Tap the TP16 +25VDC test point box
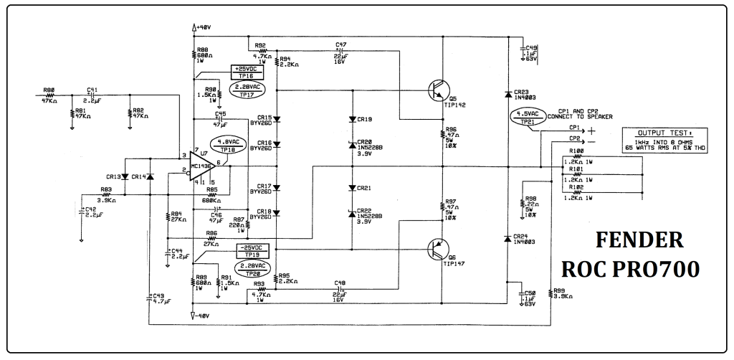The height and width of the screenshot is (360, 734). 247,72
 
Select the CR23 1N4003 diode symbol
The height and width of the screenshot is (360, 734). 507,93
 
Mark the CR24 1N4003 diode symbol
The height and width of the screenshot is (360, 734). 507,237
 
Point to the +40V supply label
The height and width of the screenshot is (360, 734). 202,27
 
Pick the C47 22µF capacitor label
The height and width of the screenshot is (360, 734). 341,44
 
